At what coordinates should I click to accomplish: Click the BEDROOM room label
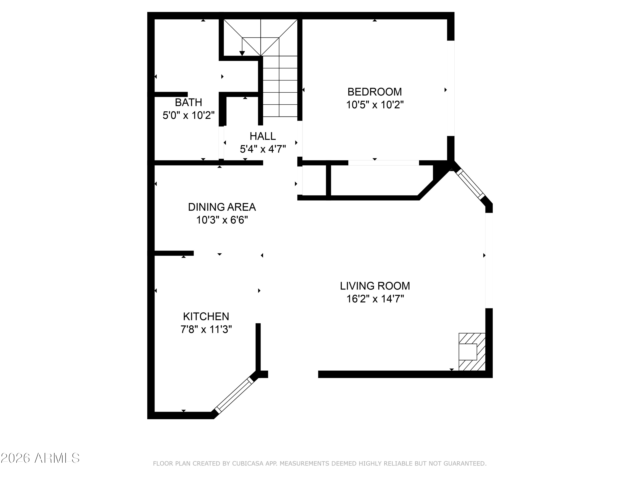(x=374, y=92)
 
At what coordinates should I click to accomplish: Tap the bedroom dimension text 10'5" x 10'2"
(x=375, y=105)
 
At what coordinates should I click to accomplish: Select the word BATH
(x=188, y=102)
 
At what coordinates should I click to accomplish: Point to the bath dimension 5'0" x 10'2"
(x=189, y=115)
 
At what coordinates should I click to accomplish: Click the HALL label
(x=263, y=136)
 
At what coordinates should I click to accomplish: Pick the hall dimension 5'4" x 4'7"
(x=263, y=149)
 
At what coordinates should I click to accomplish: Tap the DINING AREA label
(x=222, y=207)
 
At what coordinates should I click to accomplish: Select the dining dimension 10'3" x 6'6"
(x=222, y=220)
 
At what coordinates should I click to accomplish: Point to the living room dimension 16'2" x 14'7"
(x=375, y=299)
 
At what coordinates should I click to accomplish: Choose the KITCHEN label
(x=206, y=317)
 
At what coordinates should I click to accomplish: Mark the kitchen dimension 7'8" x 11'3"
(x=206, y=329)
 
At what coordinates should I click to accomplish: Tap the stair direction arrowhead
(x=242, y=53)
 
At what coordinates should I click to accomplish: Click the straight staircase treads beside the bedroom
(x=280, y=87)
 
